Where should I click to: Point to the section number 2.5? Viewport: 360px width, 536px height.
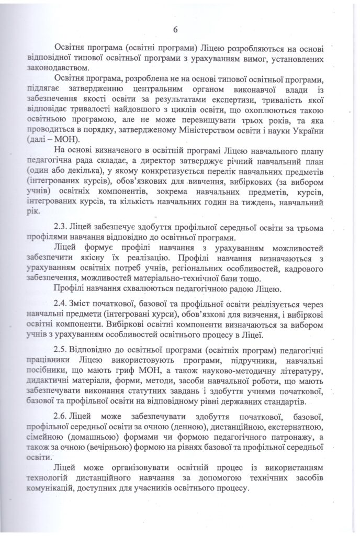61,348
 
